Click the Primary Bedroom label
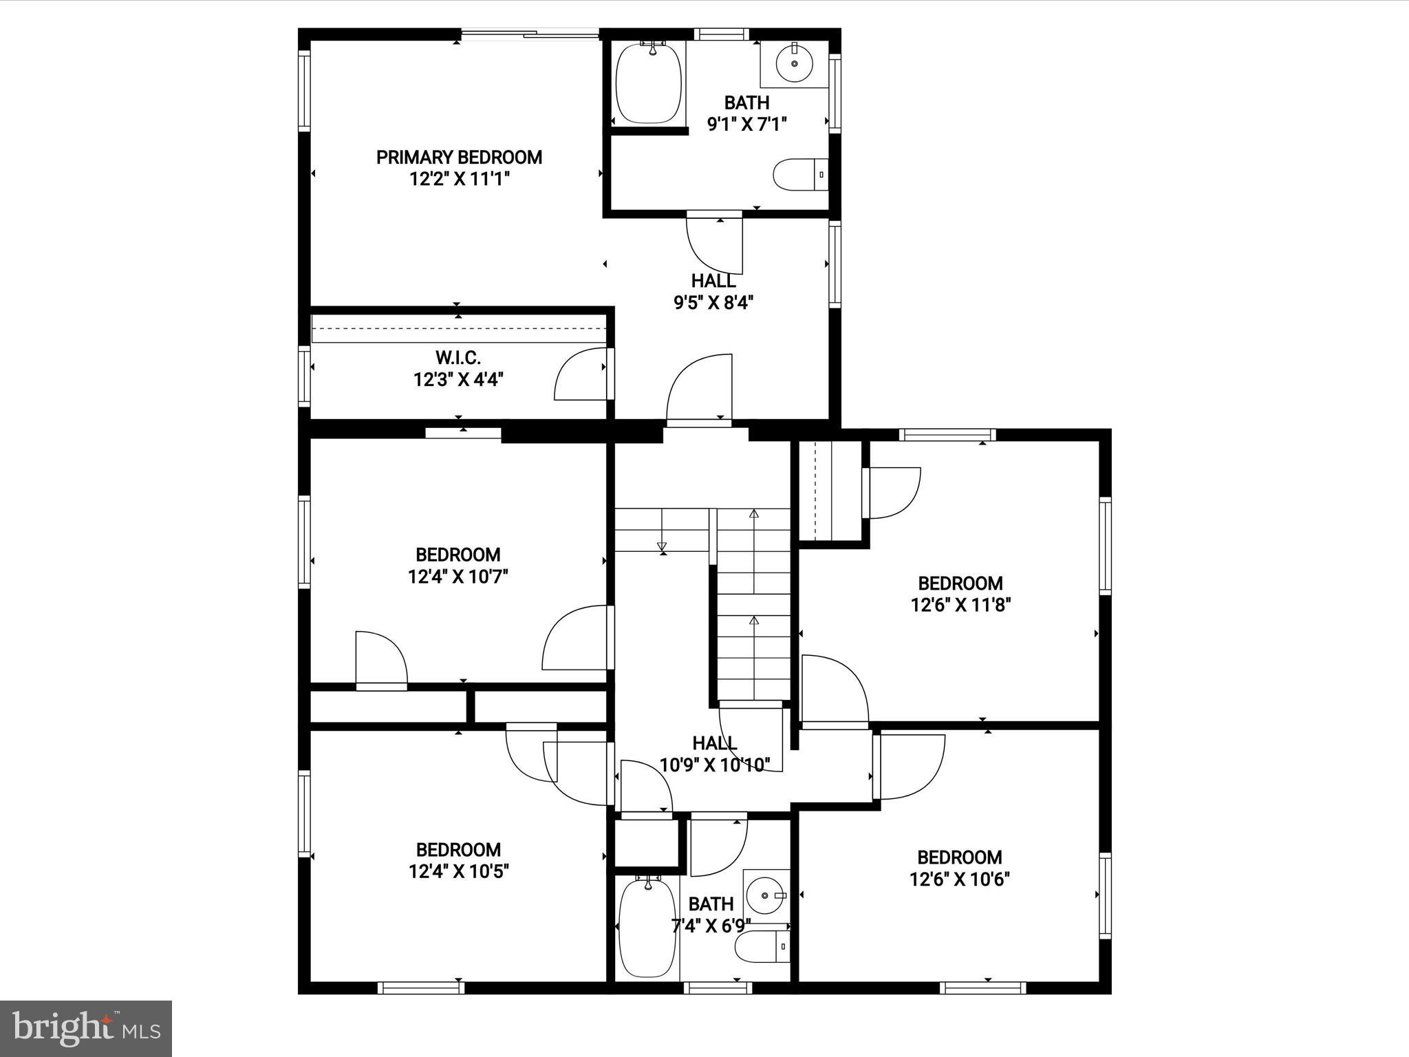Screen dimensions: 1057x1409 point(459,158)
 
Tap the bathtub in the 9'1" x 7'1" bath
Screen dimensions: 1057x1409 point(648,84)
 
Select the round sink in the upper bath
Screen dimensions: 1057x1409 point(795,63)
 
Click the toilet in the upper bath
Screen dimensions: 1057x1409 point(798,175)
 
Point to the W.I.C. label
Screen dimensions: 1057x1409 point(458,358)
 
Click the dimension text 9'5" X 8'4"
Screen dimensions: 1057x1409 point(713,303)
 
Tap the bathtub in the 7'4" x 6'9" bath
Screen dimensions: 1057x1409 point(647,928)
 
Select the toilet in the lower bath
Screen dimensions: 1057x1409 point(761,948)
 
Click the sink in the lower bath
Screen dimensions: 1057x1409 point(764,895)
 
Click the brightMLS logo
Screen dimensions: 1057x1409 point(86,1028)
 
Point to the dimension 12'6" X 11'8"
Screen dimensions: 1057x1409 point(960,606)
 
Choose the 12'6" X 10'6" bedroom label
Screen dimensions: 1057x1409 point(959,857)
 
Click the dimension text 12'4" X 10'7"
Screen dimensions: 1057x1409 point(458,577)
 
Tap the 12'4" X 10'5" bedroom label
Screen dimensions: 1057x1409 point(458,849)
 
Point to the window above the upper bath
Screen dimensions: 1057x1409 point(720,34)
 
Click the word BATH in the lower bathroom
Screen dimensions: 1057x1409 point(711,904)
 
